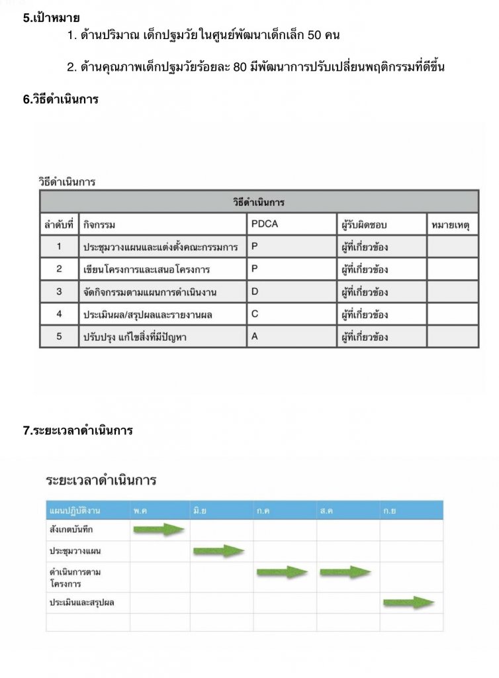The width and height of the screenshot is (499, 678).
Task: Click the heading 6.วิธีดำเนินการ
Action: coord(61,100)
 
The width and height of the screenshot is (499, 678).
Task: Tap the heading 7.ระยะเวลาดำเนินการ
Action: coord(78,430)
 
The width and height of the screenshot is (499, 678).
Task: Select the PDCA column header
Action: coord(265,224)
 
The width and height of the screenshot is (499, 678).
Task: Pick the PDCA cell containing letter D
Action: coord(255,292)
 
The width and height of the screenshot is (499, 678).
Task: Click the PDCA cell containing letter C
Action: coord(255,315)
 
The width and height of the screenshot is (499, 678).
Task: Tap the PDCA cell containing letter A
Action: coord(255,337)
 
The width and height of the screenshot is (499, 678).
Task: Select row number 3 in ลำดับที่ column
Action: coord(59,292)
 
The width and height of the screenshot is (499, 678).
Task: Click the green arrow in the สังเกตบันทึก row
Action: coord(159,529)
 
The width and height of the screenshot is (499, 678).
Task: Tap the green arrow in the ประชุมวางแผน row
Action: coord(219,551)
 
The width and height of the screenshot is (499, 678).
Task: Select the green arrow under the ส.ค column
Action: coord(345,572)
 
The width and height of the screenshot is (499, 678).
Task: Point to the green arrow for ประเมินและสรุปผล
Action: coord(408,603)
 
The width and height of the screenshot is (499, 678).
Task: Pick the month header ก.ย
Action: coord(390,510)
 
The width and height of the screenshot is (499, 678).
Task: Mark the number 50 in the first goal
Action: coord(315,35)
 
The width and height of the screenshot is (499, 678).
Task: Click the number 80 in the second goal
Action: coord(240,67)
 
